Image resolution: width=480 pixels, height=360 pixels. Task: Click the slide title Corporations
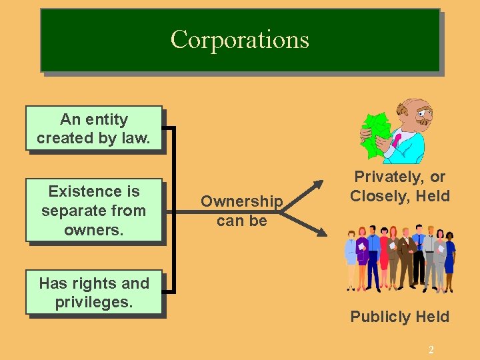coord(240,39)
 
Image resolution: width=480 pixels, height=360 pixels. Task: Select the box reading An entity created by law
coord(93,128)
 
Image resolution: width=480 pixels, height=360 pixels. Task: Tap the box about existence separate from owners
coord(93,210)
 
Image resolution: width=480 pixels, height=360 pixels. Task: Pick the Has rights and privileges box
coord(93,292)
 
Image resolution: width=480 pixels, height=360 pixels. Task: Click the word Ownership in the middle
coord(241,201)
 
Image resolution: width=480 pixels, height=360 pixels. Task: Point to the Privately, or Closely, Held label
coord(400,187)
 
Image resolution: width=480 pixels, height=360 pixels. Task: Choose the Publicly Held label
coord(400,317)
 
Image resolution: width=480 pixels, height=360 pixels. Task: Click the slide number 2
coord(431,350)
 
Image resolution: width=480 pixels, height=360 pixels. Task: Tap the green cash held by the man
coord(376,133)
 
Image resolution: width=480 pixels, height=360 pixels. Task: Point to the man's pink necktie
coord(397,140)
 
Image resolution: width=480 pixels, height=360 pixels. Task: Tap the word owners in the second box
coord(93,229)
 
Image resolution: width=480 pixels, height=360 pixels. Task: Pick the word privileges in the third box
coord(94,302)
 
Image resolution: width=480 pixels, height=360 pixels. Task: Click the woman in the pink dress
coord(385,257)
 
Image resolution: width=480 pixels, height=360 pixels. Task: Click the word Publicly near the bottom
coord(377,317)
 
